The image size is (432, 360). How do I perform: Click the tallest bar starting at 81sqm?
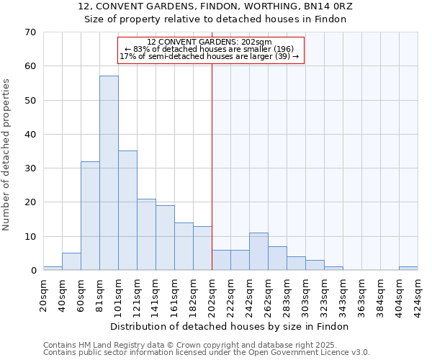coord(109,173)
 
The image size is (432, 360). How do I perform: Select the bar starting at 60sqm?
coord(90,216)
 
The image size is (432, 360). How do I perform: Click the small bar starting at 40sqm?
coord(71,262)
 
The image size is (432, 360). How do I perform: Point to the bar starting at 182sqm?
coord(202,248)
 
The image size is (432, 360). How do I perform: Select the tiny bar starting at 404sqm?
coord(408,269)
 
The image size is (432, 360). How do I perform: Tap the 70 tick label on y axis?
coord(30,32)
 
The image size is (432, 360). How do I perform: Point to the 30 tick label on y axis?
coord(30,168)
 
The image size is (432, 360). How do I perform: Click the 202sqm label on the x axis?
coord(212,294)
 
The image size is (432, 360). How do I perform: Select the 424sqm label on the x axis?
coord(418,294)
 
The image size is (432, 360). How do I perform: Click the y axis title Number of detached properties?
coord(7,155)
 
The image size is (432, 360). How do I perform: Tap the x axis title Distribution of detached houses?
coord(230,326)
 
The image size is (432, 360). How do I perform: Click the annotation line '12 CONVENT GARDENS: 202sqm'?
coord(209,42)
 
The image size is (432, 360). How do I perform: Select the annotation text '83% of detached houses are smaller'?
coord(209,49)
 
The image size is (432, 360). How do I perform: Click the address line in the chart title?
coord(215,6)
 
